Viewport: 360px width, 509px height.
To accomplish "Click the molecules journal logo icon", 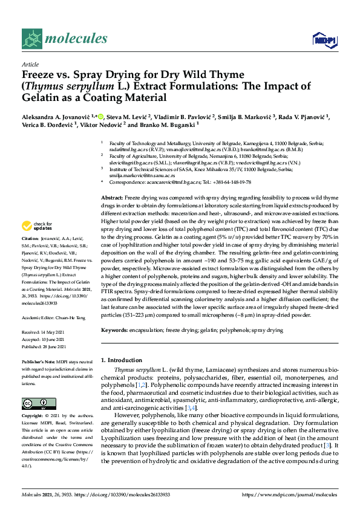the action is (x=31, y=39).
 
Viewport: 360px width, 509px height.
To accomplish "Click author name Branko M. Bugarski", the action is (x=178, y=125).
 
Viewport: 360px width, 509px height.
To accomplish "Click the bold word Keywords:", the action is (x=116, y=331).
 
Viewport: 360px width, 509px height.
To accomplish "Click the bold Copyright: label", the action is (x=34, y=417).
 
